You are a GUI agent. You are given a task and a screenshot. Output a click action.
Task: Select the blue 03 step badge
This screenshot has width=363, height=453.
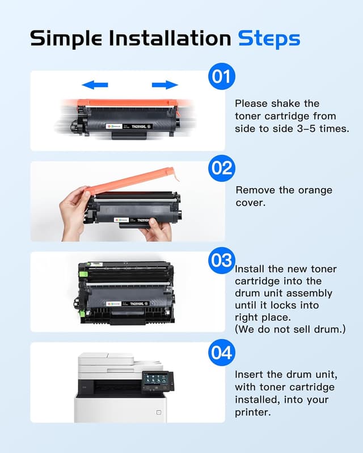(x=222, y=260)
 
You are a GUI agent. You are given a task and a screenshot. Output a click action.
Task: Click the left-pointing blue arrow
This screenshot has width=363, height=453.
(x=95, y=85)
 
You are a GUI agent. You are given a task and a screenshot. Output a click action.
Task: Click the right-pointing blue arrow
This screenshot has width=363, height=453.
(x=164, y=85)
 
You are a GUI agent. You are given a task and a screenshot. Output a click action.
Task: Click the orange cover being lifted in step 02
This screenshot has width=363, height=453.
(x=130, y=180)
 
